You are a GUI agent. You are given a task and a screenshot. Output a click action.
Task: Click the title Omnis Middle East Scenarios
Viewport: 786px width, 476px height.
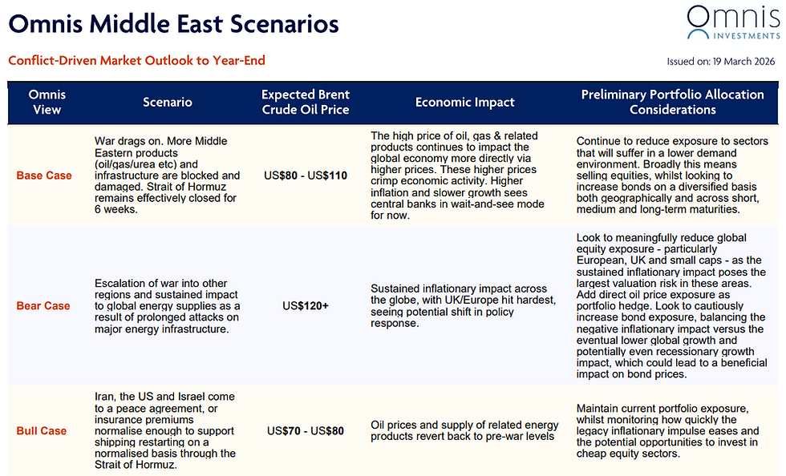click(x=173, y=23)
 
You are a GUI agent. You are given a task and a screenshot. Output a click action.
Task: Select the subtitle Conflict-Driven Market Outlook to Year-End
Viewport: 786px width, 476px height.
click(x=136, y=61)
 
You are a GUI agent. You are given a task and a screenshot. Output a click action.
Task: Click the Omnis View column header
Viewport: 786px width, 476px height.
click(x=47, y=102)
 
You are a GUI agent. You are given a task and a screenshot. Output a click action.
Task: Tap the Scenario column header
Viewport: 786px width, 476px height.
click(x=168, y=102)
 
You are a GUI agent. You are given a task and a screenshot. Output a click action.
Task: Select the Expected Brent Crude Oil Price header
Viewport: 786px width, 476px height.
click(x=306, y=102)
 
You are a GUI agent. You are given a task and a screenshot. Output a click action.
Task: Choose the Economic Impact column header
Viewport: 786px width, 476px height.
click(x=465, y=102)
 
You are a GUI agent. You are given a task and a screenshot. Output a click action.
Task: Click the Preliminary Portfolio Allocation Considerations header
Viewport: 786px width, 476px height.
click(x=672, y=102)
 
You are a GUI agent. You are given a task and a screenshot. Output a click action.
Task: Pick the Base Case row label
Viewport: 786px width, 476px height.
click(x=44, y=175)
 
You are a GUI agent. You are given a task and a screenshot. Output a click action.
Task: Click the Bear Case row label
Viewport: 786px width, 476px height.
click(x=44, y=305)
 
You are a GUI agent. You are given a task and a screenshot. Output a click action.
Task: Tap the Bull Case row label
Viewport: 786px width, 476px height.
click(x=42, y=430)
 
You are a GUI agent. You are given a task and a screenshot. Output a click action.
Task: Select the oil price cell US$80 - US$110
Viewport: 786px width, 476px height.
click(x=306, y=175)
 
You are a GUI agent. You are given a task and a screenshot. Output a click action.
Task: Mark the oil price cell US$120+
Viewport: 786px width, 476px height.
click(x=306, y=305)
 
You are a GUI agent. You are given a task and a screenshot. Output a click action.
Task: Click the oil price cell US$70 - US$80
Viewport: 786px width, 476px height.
click(x=306, y=430)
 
